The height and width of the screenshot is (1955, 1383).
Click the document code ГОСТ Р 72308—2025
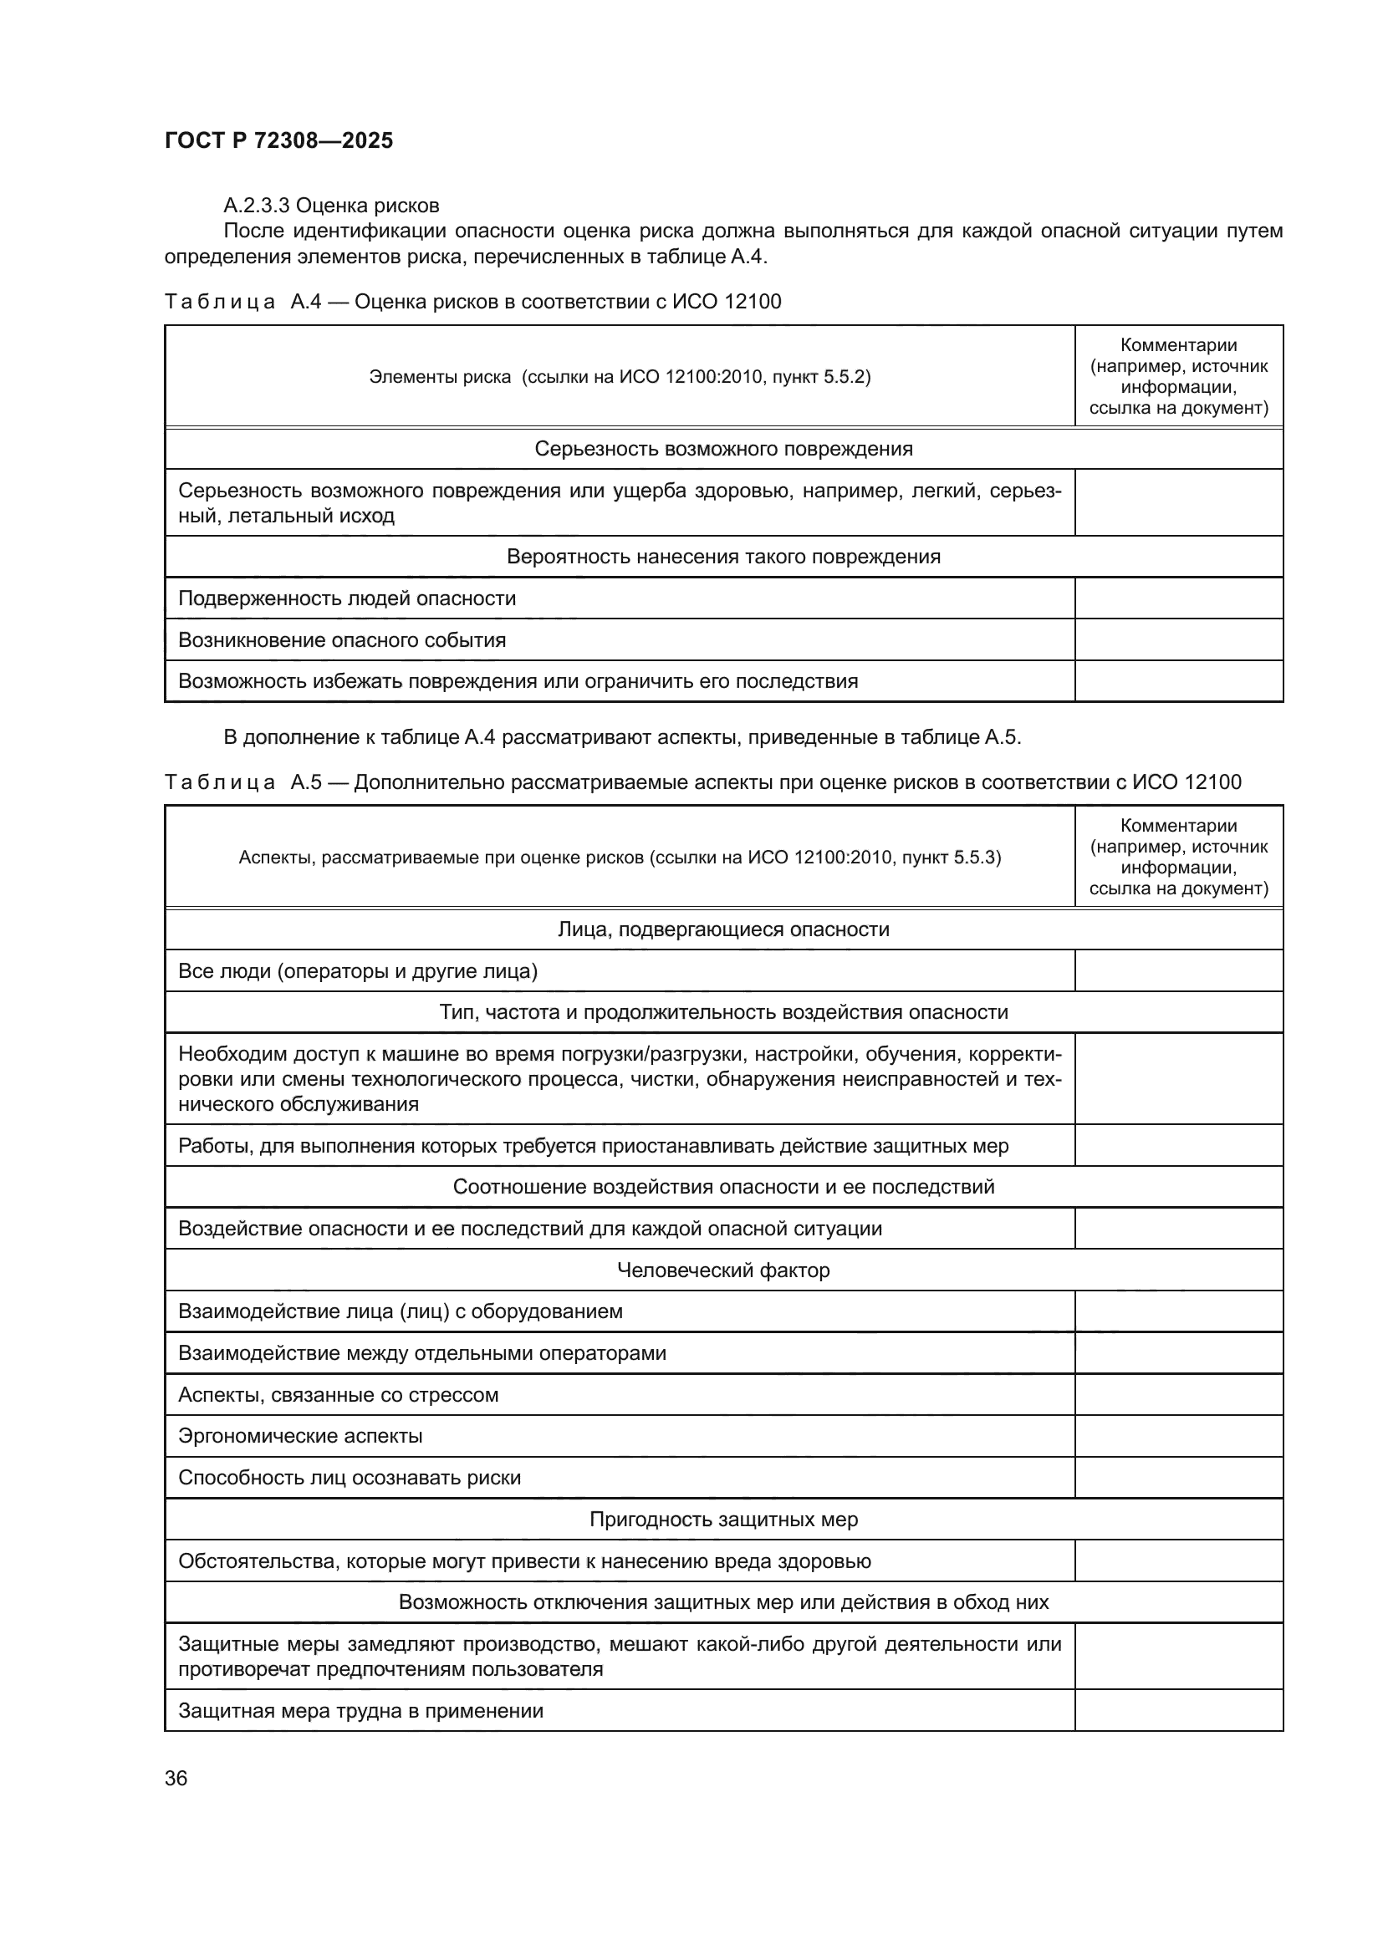[278, 140]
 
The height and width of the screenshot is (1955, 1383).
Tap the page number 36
[176, 1778]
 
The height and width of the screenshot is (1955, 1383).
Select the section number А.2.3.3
[257, 206]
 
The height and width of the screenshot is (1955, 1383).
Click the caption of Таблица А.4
[472, 302]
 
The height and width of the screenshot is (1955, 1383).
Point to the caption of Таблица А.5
[702, 781]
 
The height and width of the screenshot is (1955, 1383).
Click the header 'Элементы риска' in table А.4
[619, 376]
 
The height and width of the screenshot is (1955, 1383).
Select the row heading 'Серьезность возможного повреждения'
[723, 449]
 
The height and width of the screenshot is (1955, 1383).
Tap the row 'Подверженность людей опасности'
[347, 598]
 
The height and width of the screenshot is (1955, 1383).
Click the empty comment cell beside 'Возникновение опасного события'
[1178, 639]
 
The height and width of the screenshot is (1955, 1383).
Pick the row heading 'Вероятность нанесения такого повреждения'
[723, 557]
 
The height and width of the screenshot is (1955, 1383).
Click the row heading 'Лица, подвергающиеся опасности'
[723, 929]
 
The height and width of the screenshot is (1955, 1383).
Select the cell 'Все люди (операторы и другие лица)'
[358, 970]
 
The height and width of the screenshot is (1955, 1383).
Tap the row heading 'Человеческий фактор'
[723, 1270]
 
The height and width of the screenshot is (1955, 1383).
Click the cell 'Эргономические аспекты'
[300, 1436]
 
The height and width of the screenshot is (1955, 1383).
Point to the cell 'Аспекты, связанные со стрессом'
[338, 1395]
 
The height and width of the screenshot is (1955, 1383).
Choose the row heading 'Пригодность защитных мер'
[723, 1519]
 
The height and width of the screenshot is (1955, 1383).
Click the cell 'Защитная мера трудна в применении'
[360, 1711]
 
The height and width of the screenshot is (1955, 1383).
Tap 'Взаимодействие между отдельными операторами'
[421, 1353]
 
